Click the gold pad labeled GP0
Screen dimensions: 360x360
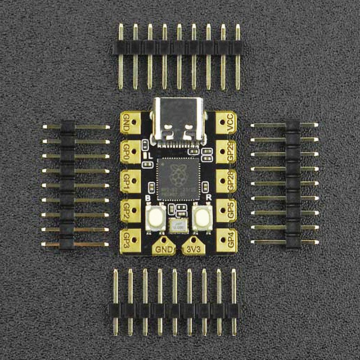(x=130, y=152)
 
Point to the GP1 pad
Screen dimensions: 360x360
(x=130, y=181)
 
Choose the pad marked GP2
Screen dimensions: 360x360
(x=130, y=211)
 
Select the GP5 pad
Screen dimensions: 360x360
(x=227, y=210)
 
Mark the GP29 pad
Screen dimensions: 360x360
(x=227, y=152)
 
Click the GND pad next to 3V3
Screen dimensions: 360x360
(x=164, y=247)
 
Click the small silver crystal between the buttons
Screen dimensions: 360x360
(x=179, y=226)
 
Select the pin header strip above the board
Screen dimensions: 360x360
(x=179, y=48)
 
